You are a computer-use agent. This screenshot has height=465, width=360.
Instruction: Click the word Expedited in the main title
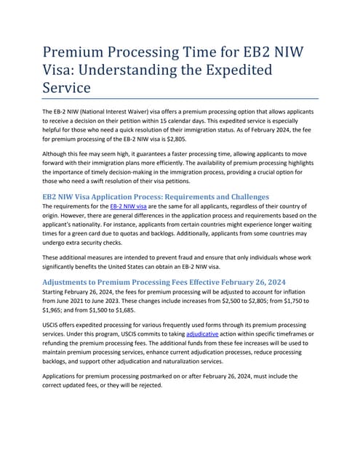click(233, 70)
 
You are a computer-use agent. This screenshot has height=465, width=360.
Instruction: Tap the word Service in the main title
click(66, 88)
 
